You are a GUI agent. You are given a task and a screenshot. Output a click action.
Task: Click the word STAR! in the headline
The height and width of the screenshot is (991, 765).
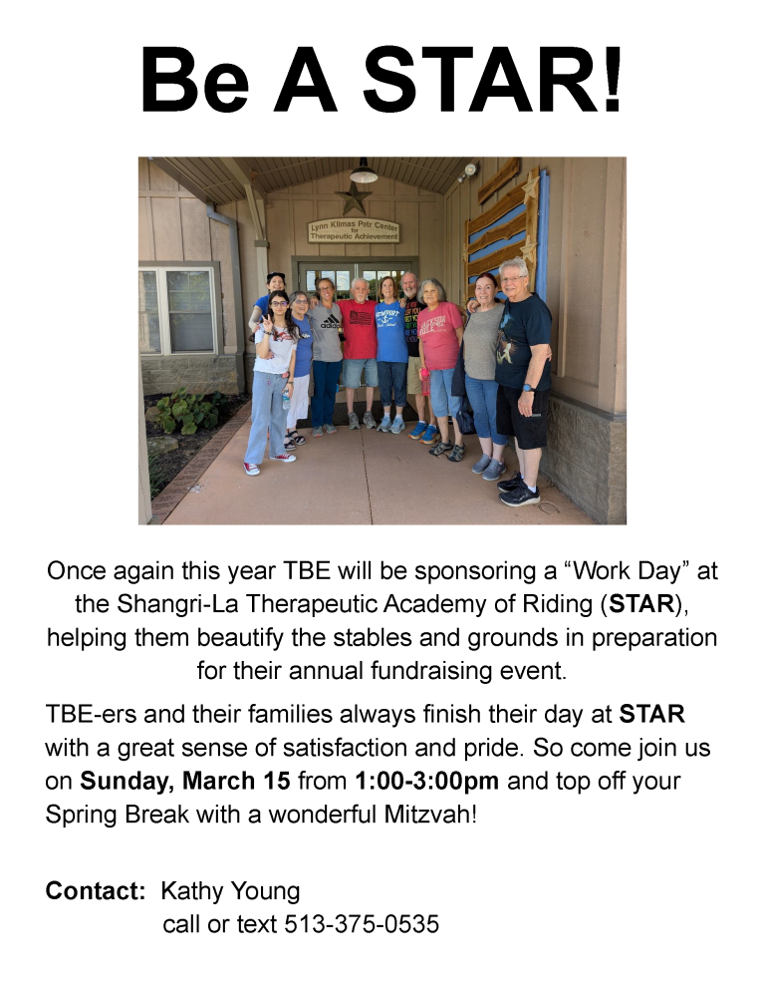(493, 81)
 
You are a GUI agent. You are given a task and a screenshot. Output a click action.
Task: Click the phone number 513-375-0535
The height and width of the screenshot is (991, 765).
(362, 924)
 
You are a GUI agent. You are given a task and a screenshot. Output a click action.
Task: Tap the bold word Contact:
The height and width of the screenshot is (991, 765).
(96, 890)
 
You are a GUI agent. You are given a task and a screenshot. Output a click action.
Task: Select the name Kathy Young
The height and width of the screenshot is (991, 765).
(230, 891)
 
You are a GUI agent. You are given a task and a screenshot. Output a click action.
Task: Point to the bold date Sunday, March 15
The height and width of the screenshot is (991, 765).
(185, 782)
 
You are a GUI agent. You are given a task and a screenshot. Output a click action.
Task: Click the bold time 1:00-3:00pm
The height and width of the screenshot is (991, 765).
(427, 782)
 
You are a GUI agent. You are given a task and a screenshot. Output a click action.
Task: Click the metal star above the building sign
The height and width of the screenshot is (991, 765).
(354, 197)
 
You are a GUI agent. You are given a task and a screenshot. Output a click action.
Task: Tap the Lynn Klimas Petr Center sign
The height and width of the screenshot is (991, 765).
(354, 231)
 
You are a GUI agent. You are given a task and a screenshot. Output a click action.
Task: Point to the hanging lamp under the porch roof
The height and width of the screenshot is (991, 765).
(364, 171)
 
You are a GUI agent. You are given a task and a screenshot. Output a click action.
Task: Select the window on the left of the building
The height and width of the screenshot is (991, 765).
(178, 310)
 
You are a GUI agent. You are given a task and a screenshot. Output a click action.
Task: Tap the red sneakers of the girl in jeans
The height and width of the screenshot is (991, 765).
(269, 463)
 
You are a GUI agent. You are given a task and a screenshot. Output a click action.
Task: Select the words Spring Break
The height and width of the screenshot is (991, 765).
(117, 815)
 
